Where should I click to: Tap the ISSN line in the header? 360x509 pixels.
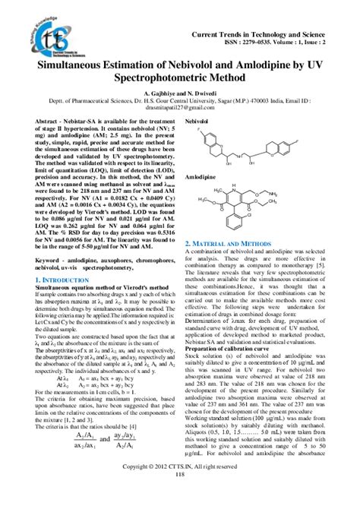pyautogui.click(x=286, y=43)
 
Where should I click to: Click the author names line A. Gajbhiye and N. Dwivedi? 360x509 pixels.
pyautogui.click(x=180, y=100)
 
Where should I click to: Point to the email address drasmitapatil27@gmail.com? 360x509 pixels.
pyautogui.click(x=180, y=117)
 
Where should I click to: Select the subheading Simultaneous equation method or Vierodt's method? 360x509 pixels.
pyautogui.click(x=89, y=290)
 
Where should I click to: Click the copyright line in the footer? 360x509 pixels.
pyautogui.click(x=180, y=486)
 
